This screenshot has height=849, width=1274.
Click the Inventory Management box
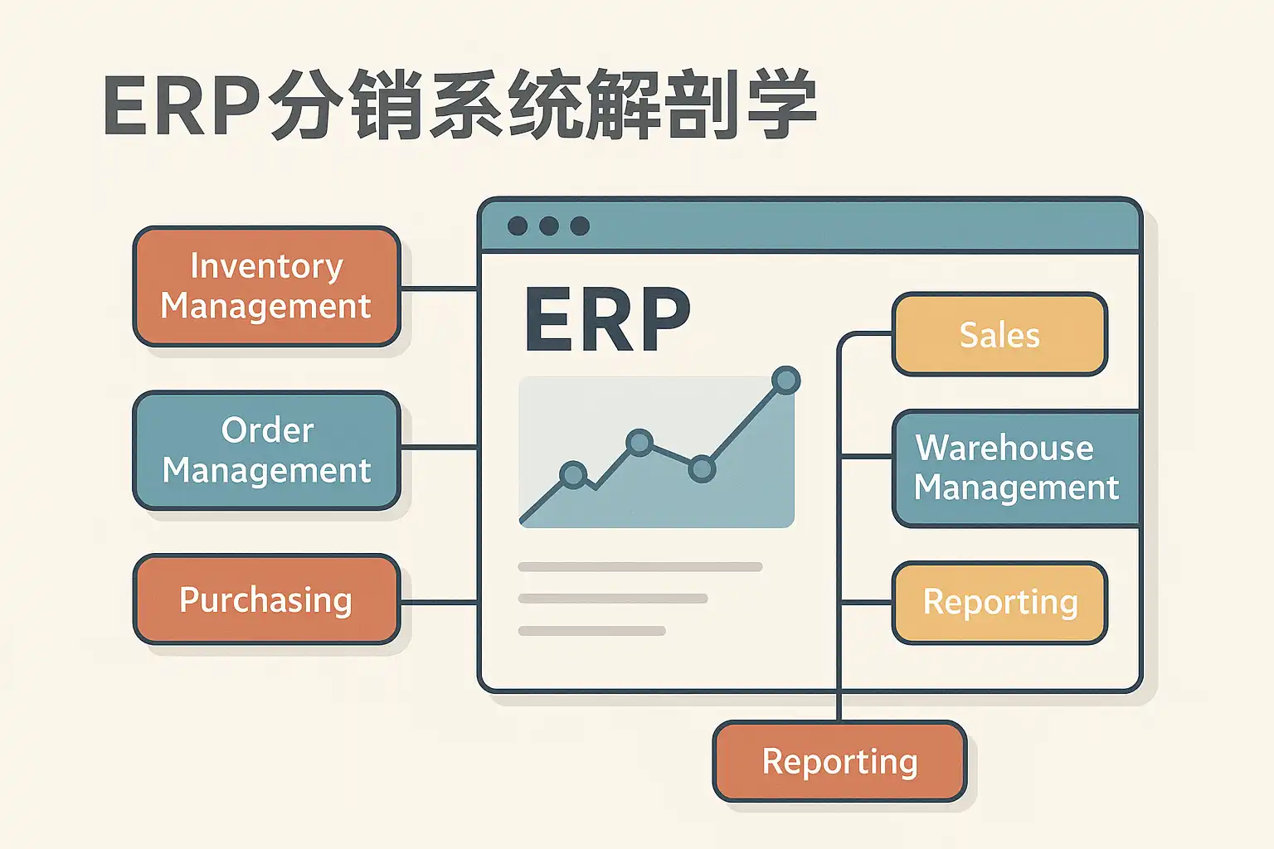click(266, 286)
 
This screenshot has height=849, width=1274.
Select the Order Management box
click(266, 450)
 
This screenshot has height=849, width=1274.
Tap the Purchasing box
click(266, 599)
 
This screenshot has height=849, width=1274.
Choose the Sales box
click(999, 334)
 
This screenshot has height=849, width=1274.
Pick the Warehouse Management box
click(1016, 468)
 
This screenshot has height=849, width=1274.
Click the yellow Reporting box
click(999, 603)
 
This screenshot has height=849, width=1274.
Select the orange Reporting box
click(839, 762)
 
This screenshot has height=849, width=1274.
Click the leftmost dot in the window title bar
click(518, 226)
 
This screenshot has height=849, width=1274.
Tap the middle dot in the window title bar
click(549, 226)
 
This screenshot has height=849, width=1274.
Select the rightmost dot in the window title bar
click(580, 226)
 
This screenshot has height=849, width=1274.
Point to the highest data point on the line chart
click(785, 381)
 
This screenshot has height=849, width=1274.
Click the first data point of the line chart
click(573, 475)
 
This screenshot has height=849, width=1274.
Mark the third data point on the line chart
click(702, 468)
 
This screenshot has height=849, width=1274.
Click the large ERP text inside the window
click(607, 320)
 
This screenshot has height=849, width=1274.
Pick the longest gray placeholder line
click(639, 567)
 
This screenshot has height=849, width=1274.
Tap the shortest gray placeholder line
click(591, 631)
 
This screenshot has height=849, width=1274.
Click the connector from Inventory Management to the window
click(440, 289)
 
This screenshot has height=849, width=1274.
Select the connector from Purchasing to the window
click(440, 602)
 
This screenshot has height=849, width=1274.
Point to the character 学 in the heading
click(780, 105)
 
